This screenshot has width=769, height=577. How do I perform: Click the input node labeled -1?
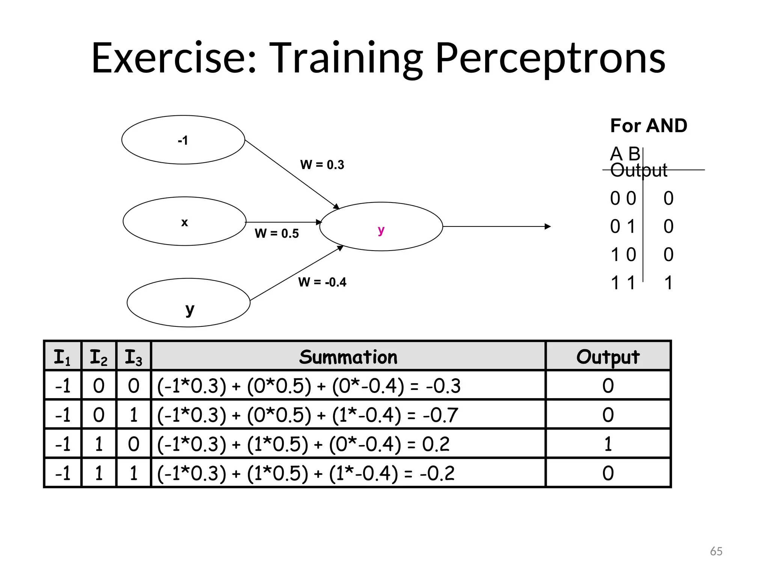(183, 140)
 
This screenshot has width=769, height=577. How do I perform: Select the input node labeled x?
(184, 221)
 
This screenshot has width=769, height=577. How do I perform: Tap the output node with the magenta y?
(381, 227)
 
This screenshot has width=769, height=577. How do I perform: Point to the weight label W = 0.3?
(322, 165)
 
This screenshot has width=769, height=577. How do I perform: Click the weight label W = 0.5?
(277, 233)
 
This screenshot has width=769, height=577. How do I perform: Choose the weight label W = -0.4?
(322, 282)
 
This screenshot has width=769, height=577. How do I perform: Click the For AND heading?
(648, 125)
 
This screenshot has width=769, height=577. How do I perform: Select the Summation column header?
(348, 356)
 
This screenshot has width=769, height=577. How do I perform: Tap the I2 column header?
(98, 356)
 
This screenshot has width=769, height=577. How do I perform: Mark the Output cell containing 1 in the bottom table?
(608, 444)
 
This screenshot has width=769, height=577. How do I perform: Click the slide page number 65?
(716, 551)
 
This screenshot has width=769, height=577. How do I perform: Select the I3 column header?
(133, 356)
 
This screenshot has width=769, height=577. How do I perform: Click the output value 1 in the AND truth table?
(668, 283)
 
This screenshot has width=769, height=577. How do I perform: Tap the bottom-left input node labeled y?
(189, 303)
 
